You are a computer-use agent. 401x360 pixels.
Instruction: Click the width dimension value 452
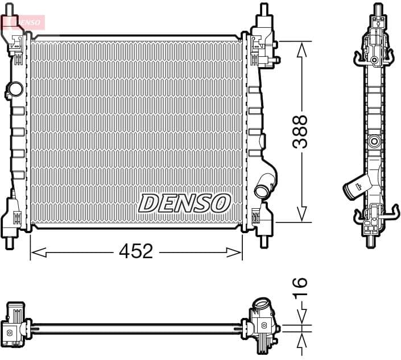(x=137, y=251)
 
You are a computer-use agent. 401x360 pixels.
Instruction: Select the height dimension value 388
(x=300, y=132)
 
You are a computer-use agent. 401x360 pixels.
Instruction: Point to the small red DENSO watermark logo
(x=23, y=22)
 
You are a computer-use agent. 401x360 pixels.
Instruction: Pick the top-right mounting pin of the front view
(x=263, y=10)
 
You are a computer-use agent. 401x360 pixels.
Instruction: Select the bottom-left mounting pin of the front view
(x=10, y=242)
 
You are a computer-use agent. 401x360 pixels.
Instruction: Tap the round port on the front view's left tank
(x=15, y=89)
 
